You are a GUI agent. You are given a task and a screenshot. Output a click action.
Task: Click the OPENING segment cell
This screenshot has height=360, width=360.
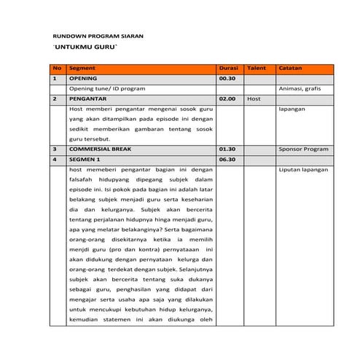tap(82, 78)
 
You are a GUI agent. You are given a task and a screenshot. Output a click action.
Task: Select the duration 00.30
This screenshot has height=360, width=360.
tap(227, 78)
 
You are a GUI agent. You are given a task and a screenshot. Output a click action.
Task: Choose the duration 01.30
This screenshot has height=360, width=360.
tap(227, 148)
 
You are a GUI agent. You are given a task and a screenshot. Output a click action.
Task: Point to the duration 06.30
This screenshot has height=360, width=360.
tap(227, 158)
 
